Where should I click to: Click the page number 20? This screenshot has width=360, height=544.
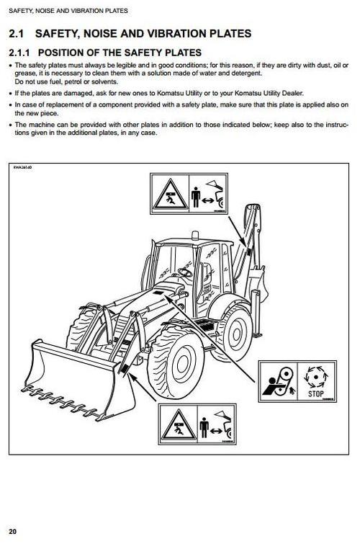point(14,532)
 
